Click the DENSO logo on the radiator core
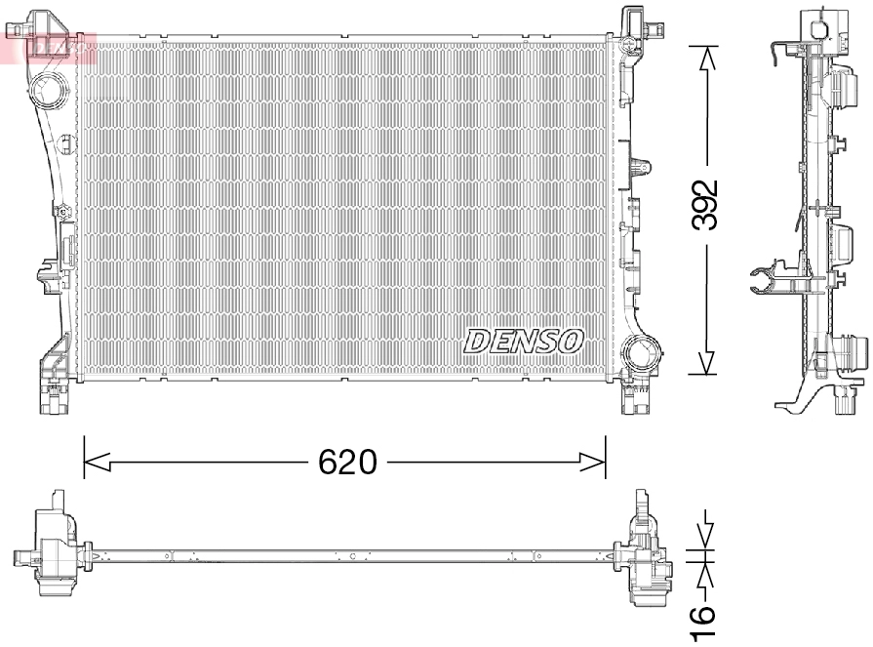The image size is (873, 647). point(524,342)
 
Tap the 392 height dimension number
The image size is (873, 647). point(705,205)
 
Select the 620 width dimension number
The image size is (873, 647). point(347,462)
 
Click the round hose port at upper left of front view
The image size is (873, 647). point(46,93)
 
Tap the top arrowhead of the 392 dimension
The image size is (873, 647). point(705,55)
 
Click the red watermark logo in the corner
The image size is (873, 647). point(49,44)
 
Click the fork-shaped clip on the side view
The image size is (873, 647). point(771,280)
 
